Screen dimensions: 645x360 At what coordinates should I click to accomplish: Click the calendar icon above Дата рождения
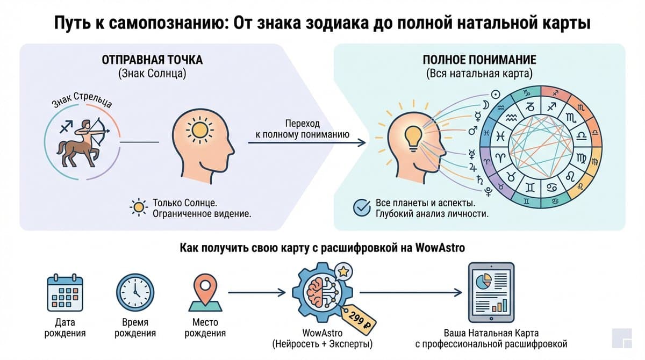point(65,293)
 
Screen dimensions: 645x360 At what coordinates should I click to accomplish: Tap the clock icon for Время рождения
point(135,293)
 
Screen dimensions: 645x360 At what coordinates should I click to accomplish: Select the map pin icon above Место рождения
point(205,293)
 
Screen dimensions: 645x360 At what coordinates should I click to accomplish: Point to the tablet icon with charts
point(491,292)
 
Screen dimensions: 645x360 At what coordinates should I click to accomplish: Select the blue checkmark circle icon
point(362,208)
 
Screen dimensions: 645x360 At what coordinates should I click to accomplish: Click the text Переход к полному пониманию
point(302,129)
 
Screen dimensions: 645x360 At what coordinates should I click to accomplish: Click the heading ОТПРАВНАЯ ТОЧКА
point(152,60)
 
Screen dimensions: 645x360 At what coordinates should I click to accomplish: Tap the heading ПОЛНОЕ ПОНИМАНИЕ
point(479,60)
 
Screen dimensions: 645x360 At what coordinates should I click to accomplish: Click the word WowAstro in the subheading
point(440,248)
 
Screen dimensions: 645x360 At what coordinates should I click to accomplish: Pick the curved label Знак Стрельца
point(82,100)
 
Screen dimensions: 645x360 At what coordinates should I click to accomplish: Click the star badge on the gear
point(343,271)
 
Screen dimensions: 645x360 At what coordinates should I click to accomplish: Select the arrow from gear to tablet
point(411,293)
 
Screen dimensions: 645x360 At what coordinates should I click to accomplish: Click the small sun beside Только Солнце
point(139,207)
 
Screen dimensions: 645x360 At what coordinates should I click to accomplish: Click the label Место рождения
point(205,328)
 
